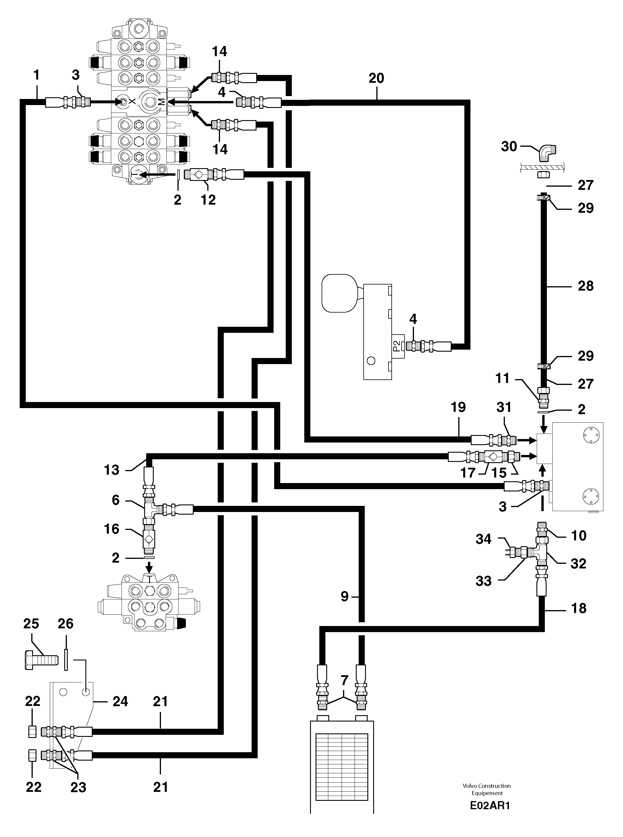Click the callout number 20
click(376, 78)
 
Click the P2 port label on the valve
click(396, 346)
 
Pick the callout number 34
click(483, 539)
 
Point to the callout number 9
click(344, 596)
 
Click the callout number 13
click(112, 470)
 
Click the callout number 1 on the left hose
click(36, 75)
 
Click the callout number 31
click(504, 407)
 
